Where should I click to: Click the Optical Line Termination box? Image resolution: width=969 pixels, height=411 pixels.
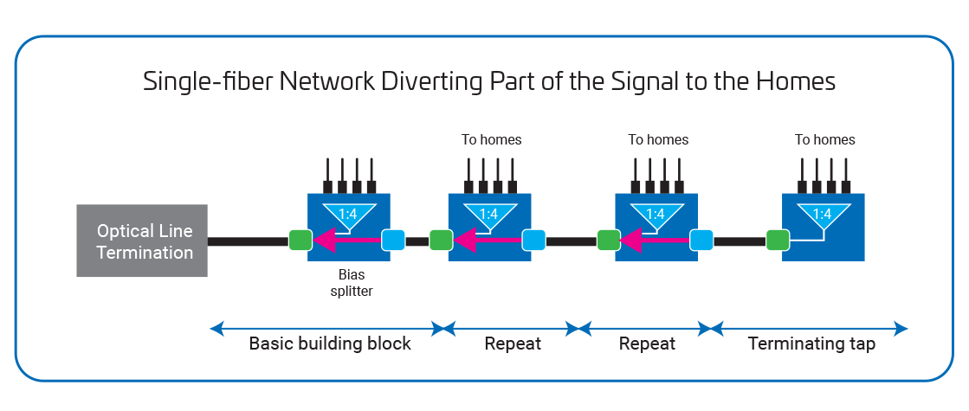[x=142, y=241]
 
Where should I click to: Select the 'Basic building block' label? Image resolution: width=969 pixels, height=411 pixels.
[x=329, y=344]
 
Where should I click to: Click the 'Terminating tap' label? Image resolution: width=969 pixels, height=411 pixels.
[x=811, y=344]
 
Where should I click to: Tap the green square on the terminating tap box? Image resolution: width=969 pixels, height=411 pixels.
[x=776, y=239]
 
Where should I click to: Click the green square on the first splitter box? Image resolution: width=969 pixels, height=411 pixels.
[x=300, y=239]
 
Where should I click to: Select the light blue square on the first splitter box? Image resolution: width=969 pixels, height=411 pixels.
[x=393, y=239]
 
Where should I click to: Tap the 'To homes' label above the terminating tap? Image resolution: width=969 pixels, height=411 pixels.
[x=825, y=139]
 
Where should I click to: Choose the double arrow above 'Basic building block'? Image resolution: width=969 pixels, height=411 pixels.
[x=326, y=329]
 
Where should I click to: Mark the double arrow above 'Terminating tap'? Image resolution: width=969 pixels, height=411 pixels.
[x=811, y=329]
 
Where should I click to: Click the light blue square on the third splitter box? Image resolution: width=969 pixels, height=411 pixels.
[x=701, y=239]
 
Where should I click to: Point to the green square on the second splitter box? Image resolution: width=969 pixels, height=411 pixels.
[x=440, y=239]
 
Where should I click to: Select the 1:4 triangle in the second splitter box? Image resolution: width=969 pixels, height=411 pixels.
[x=488, y=214]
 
